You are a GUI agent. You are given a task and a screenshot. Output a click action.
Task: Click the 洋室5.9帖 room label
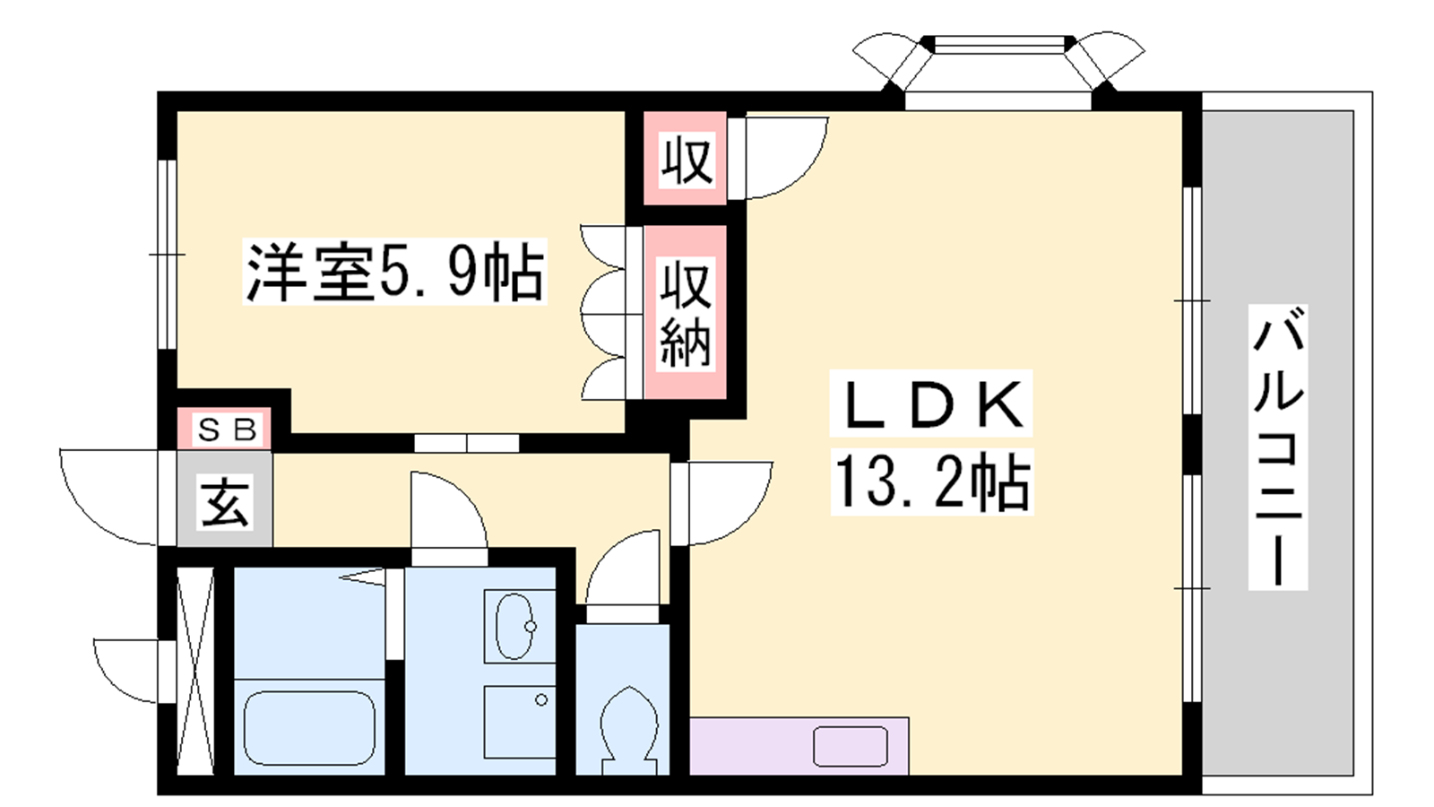point(395,272)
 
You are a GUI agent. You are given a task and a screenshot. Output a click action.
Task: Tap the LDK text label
point(931,404)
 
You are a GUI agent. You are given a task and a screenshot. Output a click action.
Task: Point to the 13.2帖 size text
point(931,482)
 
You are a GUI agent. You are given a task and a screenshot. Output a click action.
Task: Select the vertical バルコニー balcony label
point(1278,447)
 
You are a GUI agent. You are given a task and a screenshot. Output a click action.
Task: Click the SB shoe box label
point(228,430)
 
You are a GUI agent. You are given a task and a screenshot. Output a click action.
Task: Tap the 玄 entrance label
point(225,502)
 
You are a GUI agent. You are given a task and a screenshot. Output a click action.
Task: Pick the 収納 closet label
point(686,313)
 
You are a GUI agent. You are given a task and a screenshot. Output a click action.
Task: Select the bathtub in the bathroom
point(310,727)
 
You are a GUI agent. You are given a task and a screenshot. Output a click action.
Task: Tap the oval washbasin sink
point(516,627)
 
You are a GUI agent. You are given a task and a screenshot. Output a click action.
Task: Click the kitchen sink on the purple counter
point(851,747)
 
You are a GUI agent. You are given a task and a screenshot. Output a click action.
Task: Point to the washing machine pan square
point(519,722)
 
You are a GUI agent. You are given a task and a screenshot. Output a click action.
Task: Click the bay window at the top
point(998,71)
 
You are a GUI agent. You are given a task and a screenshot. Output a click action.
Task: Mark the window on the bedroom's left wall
point(167,255)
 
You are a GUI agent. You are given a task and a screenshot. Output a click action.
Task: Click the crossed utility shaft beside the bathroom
point(195,671)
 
